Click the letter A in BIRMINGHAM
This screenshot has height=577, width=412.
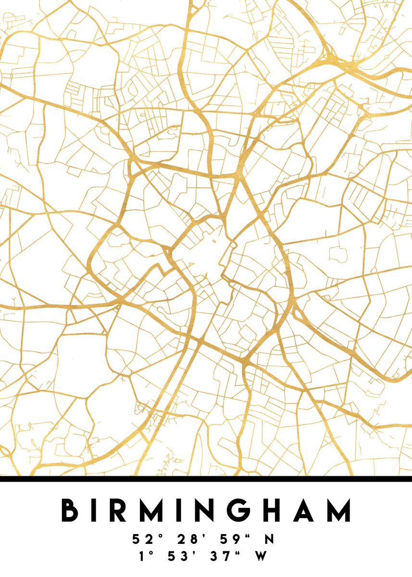306,510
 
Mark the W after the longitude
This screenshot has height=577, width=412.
261,556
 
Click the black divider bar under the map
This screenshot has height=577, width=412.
206,479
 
